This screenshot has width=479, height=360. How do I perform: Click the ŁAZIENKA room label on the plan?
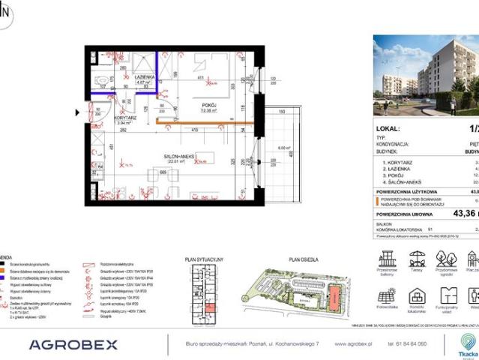(144, 77)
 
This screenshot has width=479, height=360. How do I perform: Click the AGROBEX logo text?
(73, 344)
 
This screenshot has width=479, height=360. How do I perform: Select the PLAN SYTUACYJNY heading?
(205, 259)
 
